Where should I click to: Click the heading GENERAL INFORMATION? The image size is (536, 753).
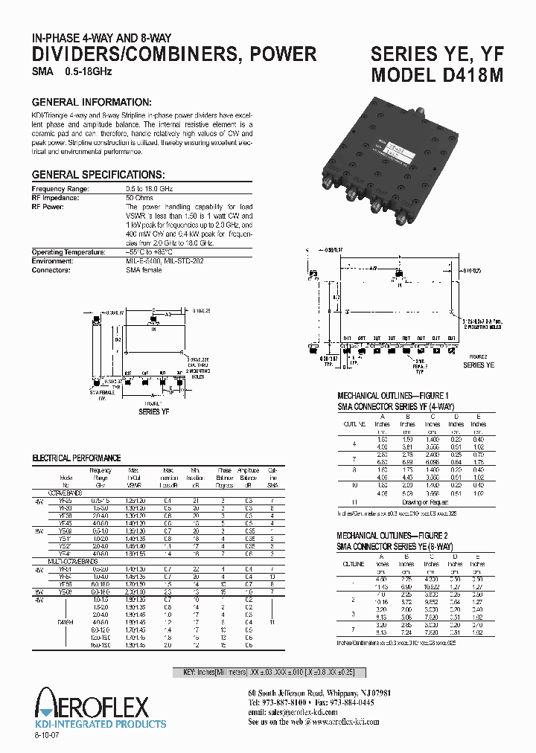(x=92, y=102)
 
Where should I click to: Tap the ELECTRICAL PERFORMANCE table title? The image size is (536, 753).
(x=76, y=458)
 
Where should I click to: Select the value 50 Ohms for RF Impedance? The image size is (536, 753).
(x=140, y=197)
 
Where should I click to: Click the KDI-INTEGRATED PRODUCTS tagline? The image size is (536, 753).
(x=102, y=723)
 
